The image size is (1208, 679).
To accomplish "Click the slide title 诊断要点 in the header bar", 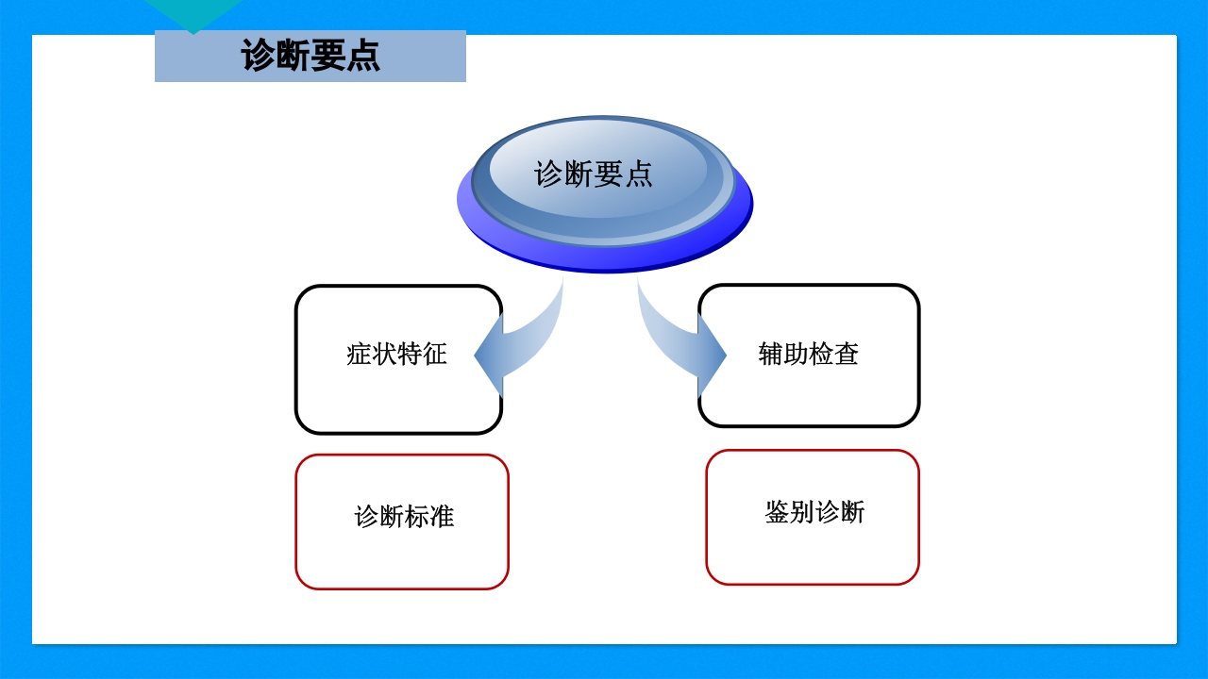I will (310, 56).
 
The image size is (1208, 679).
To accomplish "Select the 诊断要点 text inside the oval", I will (594, 174).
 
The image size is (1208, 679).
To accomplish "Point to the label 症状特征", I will (396, 355).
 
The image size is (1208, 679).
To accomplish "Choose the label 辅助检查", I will (809, 354).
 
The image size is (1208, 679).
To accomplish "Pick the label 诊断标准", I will (404, 517).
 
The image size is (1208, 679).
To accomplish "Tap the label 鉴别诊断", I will (814, 512).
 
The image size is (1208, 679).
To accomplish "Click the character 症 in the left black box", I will (360, 355).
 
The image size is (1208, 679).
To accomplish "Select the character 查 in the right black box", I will (847, 354).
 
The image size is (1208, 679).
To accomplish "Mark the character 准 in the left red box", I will (442, 517).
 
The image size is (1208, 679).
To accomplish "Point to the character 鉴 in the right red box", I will (778, 512).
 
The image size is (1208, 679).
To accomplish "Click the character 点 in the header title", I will (362, 56).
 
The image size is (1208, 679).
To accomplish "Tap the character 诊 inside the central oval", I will (549, 174).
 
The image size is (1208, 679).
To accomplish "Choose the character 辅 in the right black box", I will (771, 354).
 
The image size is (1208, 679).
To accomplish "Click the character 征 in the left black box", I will (434, 355).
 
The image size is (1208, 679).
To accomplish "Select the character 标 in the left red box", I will (416, 517).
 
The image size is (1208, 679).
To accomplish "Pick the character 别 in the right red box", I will (802, 512).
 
